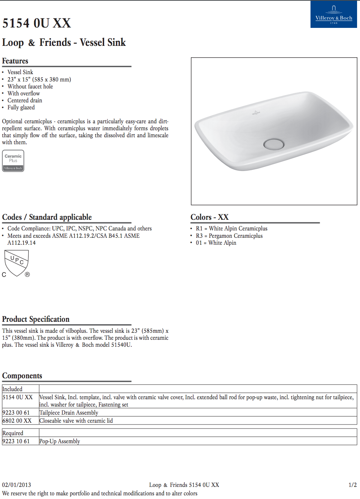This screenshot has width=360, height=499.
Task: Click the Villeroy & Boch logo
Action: [334, 14]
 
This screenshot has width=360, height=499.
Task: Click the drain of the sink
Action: [274, 144]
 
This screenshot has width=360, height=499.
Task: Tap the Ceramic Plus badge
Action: [13, 161]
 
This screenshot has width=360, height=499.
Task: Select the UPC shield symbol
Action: [16, 263]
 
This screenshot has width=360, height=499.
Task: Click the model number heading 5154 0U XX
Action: [37, 23]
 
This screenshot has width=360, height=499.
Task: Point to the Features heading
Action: [15, 61]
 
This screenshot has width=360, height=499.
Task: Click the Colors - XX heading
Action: [209, 217]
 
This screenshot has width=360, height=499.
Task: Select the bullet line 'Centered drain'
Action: [25, 101]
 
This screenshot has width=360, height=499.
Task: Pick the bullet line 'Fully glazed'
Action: [21, 108]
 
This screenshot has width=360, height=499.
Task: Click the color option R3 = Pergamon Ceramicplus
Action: [229, 236]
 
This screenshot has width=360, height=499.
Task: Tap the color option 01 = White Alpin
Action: [216, 243]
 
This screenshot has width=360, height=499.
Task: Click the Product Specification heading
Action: [36, 319]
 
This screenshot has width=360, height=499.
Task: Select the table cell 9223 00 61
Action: [16, 413]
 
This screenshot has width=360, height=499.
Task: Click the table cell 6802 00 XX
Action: [17, 421]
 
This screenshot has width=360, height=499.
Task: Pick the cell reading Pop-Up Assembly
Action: [60, 441]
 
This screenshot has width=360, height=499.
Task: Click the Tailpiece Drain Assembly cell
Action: [69, 413]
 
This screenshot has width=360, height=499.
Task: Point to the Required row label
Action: [13, 433]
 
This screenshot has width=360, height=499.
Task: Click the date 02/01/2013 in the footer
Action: [16, 485]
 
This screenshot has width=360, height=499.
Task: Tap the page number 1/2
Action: [352, 485]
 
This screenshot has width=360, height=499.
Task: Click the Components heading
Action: [22, 376]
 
